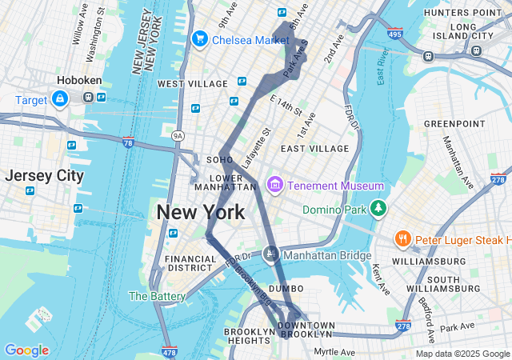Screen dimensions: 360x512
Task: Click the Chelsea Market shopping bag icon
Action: pos(199,38)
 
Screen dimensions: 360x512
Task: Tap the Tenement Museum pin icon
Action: pos(274,186)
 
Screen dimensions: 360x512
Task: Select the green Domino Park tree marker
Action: pos(378,210)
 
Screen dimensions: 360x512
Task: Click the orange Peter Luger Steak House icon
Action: pos(402,239)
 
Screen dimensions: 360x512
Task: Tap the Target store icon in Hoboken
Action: pos(59,99)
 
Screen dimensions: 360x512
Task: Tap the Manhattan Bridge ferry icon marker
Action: pos(271,254)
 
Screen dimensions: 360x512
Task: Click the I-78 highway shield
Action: pos(129,142)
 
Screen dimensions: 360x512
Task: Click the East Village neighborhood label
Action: pos(314,149)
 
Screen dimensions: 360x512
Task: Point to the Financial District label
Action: pos(190,265)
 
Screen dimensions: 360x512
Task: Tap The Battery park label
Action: pos(157,296)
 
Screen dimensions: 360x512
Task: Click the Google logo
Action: pos(26,350)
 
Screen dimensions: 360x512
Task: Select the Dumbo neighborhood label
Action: pos(286,288)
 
